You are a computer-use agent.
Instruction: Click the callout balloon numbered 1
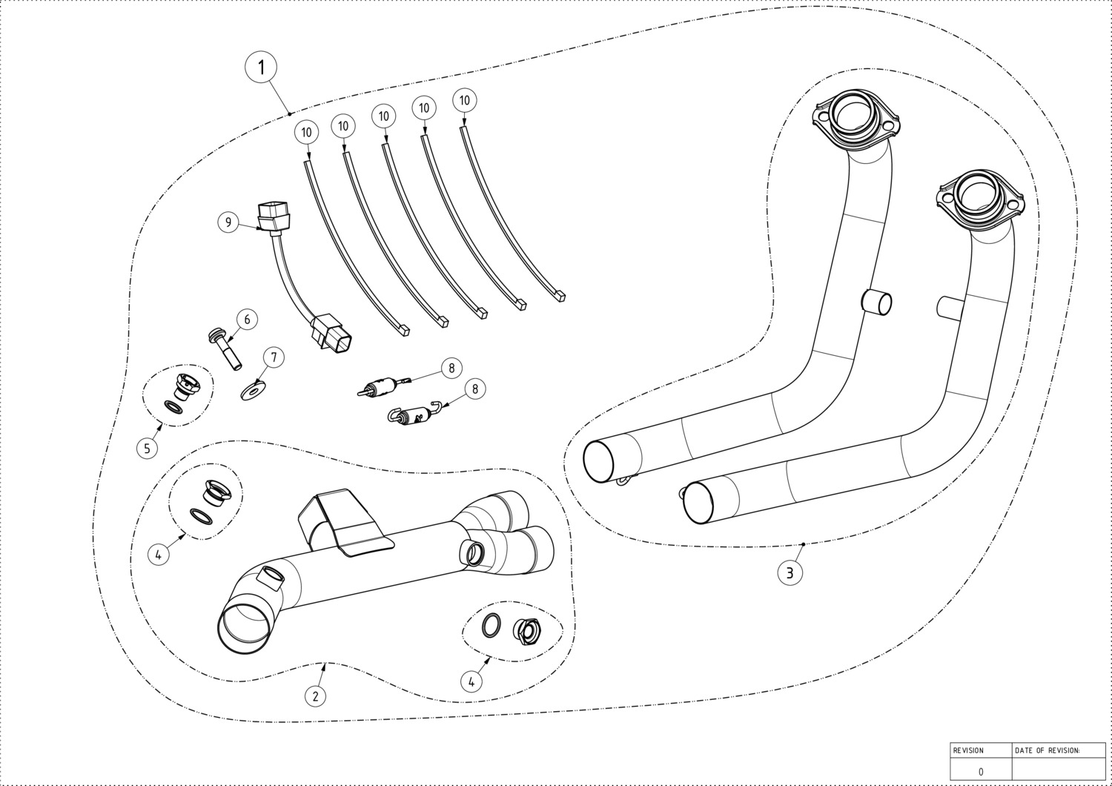[260, 67]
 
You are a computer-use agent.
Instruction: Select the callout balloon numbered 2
[315, 696]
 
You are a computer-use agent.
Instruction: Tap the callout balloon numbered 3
[790, 572]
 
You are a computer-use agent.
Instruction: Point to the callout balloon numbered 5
[147, 448]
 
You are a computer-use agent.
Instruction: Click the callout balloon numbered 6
[247, 320]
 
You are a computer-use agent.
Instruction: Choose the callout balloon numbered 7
[274, 357]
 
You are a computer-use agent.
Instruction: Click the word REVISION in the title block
[967, 750]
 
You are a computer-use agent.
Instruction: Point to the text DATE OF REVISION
[1047, 750]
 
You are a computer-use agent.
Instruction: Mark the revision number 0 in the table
[981, 771]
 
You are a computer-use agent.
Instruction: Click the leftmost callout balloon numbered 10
[306, 133]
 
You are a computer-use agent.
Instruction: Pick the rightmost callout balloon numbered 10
[465, 100]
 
